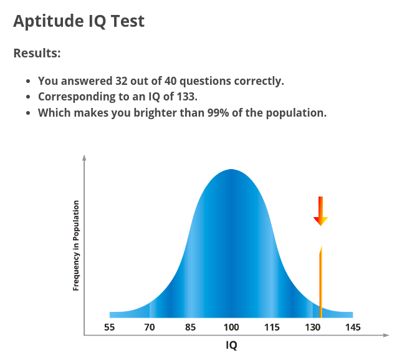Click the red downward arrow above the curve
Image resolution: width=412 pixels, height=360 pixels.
(320, 211)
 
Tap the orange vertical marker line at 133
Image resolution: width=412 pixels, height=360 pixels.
(321, 281)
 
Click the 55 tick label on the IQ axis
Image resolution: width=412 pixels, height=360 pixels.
(109, 328)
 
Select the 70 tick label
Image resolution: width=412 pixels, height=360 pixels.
(150, 328)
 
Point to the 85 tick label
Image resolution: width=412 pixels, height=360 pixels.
(190, 328)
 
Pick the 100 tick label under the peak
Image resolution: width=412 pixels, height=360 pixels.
(231, 328)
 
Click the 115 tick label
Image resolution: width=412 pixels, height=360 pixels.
(272, 328)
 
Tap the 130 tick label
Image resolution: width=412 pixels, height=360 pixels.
(312, 328)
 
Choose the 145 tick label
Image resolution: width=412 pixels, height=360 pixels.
(353, 328)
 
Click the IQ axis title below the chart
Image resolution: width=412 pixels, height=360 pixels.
(231, 345)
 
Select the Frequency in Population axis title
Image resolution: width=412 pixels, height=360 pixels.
(76, 245)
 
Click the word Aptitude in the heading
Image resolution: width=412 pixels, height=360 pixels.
(49, 21)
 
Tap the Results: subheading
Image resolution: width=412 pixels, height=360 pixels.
(37, 53)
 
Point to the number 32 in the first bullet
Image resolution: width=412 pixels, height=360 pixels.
(122, 81)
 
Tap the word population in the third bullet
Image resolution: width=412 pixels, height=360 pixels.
(296, 114)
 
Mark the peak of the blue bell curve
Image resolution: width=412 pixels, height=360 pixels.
(231, 170)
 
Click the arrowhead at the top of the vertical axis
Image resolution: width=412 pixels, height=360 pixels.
(84, 157)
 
